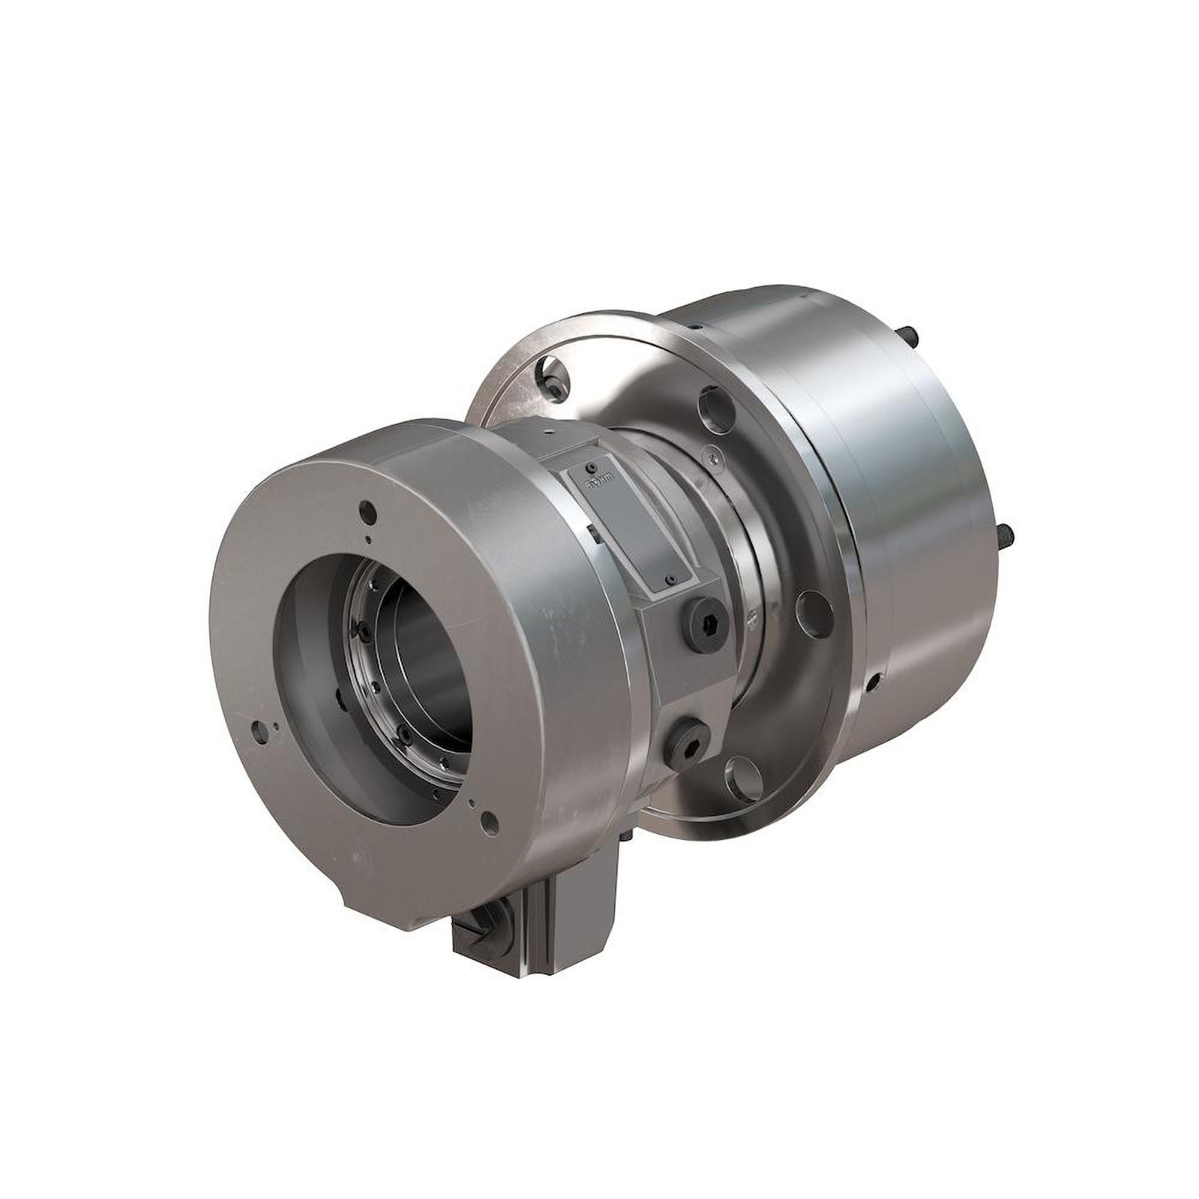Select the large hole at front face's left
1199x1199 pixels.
tap(259, 728)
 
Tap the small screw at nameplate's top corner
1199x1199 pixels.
tap(592, 465)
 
